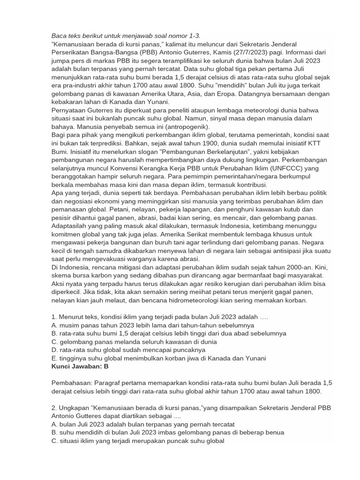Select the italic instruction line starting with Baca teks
126,36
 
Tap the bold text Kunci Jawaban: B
80,366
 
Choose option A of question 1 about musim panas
153,325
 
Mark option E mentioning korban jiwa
159,358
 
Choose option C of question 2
138,441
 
